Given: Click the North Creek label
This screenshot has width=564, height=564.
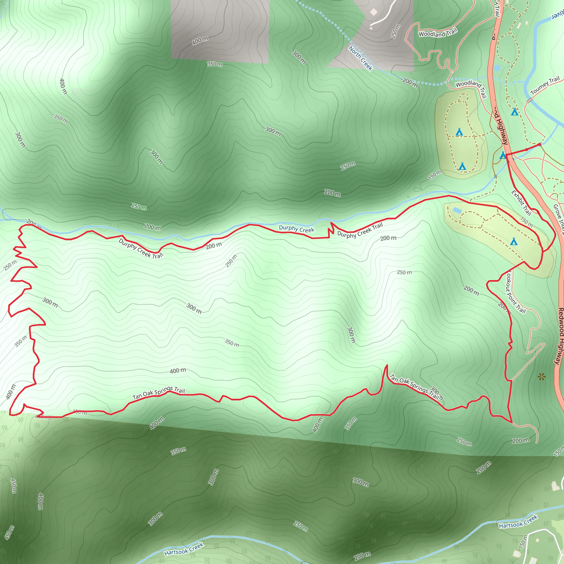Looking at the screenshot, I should pyautogui.click(x=360, y=58).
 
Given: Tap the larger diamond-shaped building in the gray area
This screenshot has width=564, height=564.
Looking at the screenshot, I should pyautogui.click(x=374, y=12).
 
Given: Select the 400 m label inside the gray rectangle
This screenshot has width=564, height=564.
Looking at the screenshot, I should pyautogui.click(x=200, y=41).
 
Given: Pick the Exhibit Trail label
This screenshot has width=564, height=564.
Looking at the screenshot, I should pyautogui.click(x=521, y=203).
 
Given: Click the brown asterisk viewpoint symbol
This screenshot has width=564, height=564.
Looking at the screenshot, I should pyautogui.click(x=542, y=377).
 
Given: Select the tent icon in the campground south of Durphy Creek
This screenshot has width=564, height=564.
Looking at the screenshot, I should pyautogui.click(x=514, y=242).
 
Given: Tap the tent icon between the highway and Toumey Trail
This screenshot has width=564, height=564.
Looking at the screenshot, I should pyautogui.click(x=515, y=112).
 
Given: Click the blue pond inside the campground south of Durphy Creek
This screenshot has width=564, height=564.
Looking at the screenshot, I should pyautogui.click(x=457, y=210).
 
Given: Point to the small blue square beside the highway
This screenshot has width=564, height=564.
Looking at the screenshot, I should pyautogui.click(x=497, y=68).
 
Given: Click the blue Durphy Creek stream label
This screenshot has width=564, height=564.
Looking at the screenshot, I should pyautogui.click(x=297, y=229).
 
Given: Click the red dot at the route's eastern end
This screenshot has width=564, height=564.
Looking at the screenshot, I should pyautogui.click(x=539, y=145).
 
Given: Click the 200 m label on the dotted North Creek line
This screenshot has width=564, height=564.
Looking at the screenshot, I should pyautogui.click(x=410, y=83).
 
